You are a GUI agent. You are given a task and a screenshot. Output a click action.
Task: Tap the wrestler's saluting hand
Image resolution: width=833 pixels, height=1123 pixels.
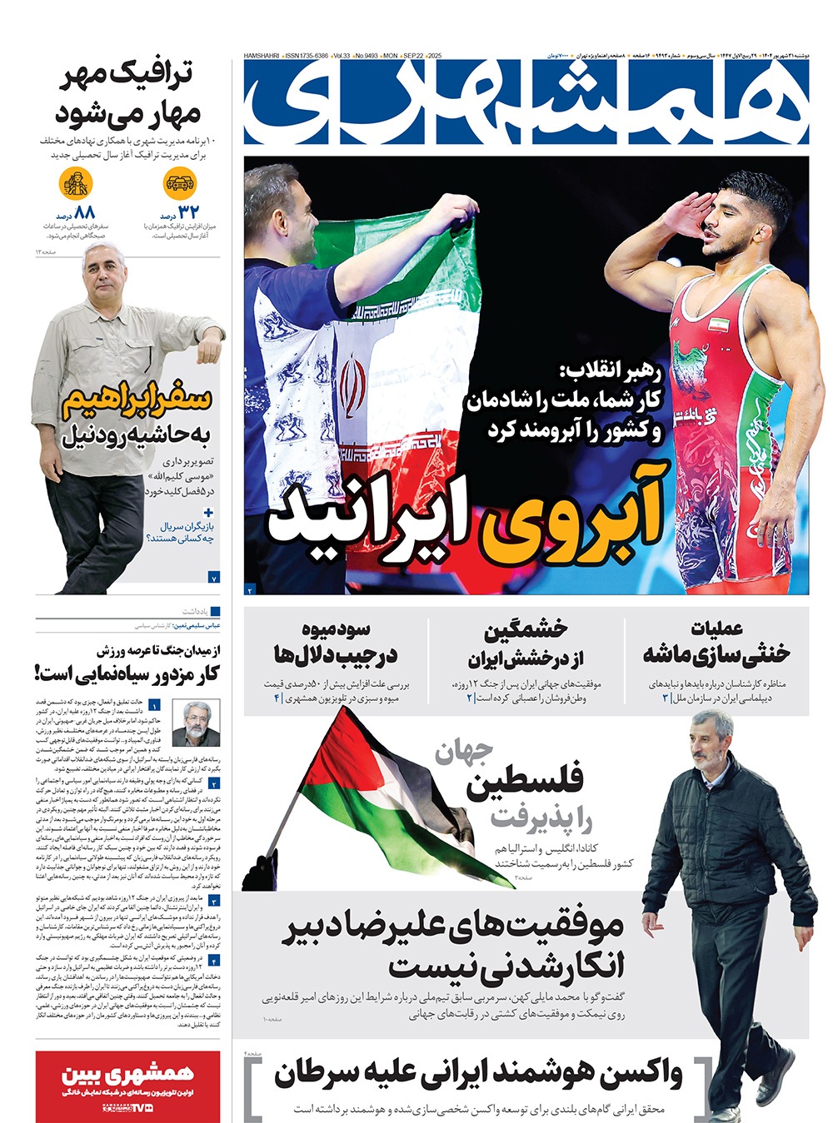[x=691, y=211]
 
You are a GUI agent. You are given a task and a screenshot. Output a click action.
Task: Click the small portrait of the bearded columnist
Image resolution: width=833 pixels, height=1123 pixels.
[x=191, y=723]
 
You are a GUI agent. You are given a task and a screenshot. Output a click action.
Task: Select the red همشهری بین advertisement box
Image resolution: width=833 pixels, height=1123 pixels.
[x=128, y=1086]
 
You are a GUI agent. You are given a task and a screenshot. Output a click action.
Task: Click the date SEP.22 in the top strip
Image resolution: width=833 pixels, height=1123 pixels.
[x=413, y=56]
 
